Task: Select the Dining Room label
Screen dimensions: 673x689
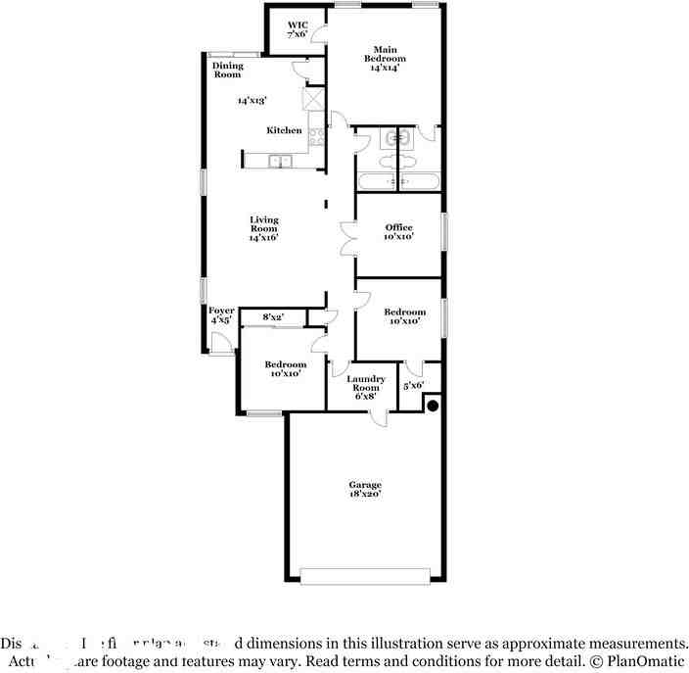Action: coord(228,71)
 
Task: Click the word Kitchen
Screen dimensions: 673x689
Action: coord(284,130)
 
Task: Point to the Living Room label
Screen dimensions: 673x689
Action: coord(263,228)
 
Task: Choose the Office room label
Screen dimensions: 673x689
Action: coord(398,232)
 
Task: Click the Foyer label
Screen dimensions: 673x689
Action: coord(221,314)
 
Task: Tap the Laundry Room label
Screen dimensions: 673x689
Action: coord(366,387)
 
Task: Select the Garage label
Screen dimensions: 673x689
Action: coord(365,489)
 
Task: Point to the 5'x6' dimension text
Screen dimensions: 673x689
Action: coord(413,386)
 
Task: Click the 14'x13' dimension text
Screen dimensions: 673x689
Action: coord(252,100)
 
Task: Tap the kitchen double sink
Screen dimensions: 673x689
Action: coord(281,162)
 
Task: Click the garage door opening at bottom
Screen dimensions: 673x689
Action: coord(365,576)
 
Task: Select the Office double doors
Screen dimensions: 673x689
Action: coord(347,238)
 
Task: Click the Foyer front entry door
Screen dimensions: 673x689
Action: coord(221,343)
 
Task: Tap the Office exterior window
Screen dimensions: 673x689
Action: coord(443,234)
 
